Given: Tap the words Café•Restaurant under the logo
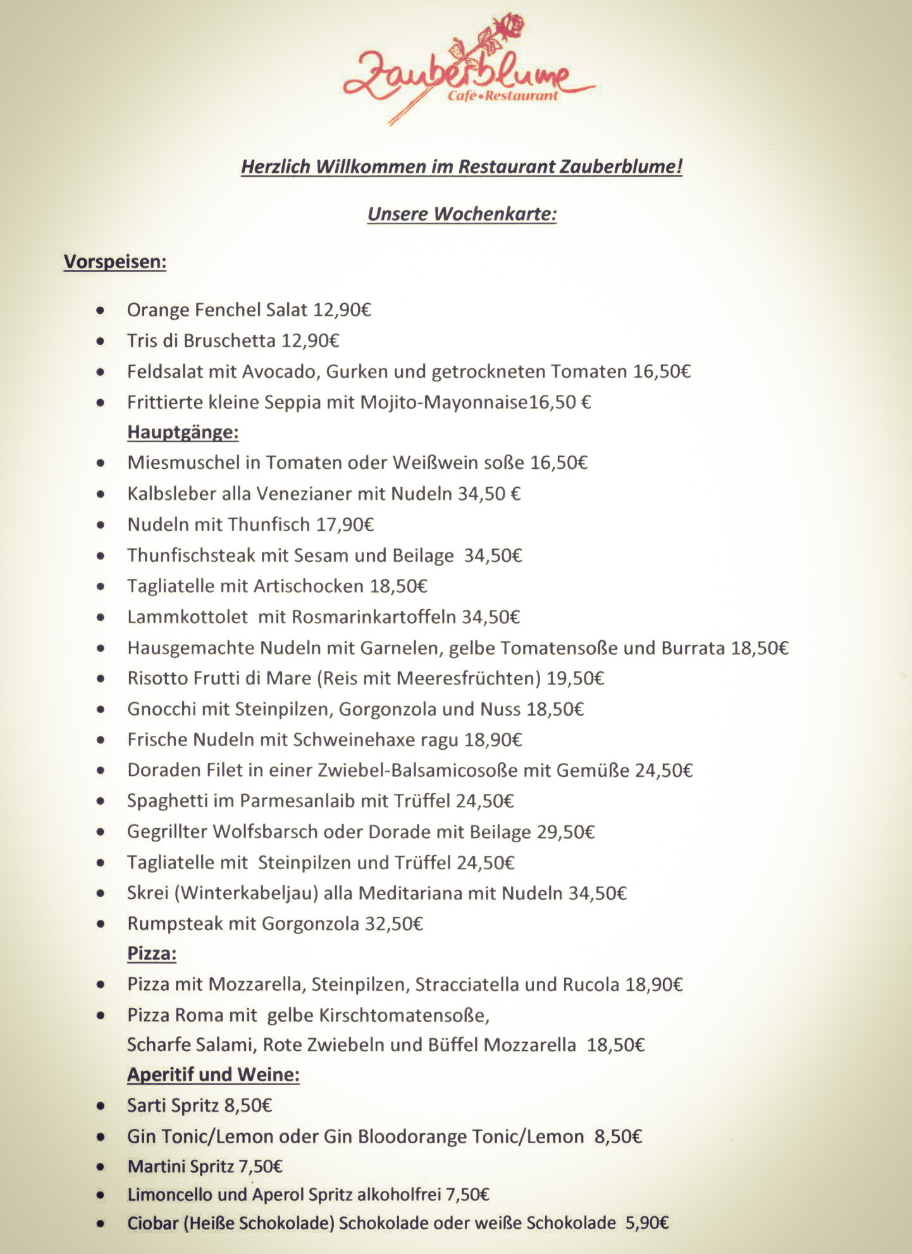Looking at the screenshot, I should coord(503,96).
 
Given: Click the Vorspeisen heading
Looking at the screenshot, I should coord(114,262).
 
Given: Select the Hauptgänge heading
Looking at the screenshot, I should coord(183,432).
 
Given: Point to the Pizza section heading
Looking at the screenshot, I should coord(152,953).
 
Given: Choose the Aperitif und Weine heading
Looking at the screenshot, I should coord(213,1075).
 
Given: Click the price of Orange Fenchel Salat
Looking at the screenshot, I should coord(342,310).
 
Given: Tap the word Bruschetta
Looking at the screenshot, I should coord(230,341).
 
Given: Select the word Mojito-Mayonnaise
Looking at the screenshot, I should coord(443,402).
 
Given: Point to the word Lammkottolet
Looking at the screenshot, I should coord(187,617).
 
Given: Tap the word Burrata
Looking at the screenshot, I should coord(693,648).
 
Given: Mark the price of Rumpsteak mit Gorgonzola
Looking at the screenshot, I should coord(394,924).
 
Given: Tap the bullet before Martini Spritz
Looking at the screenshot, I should coord(101,1167).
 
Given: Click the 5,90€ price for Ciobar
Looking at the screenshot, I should coord(647,1224).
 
